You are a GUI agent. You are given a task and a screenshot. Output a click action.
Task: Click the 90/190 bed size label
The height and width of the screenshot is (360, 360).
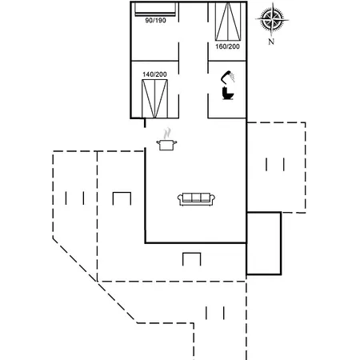coord(155,20)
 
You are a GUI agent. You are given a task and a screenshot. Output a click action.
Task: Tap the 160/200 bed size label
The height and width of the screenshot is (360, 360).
coord(227,46)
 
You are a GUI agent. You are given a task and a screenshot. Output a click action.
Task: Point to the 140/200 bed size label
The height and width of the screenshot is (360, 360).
coord(154,74)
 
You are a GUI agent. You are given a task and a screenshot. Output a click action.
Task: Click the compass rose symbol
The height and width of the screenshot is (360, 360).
coord(272,19)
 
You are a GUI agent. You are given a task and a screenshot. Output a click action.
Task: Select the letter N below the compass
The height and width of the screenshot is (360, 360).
coord(271,42)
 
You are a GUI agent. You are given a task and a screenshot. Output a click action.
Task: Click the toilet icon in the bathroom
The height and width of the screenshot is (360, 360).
coord(228,94)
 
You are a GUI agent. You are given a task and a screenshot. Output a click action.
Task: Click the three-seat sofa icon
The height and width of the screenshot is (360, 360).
coord(197,199)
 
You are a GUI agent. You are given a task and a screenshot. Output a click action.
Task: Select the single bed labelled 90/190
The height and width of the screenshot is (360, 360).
coord(155,9)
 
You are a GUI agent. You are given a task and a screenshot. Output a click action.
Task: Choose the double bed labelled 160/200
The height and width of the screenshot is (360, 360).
coord(228,22)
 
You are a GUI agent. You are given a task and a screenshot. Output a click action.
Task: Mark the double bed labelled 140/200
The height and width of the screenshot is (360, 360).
coord(154,98)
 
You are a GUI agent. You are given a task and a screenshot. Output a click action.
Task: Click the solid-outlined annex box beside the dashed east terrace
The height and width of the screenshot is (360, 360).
coord(264,243)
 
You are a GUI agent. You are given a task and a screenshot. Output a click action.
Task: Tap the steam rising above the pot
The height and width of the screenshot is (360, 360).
coord(167,134)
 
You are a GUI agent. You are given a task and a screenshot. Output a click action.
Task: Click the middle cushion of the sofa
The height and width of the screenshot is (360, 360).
coord(196,198)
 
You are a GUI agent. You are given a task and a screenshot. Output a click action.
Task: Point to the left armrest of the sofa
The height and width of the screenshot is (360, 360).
coord(180,198)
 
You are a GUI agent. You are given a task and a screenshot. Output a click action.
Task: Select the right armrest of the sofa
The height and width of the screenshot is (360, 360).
coord(213,198)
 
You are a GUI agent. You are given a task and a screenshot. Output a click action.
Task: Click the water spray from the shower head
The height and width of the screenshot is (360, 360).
coord(233,77)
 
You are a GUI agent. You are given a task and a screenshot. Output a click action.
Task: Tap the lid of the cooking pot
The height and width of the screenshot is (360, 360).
coord(166,141)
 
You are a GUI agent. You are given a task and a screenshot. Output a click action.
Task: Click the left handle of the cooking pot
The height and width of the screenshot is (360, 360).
coord(158,143)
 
